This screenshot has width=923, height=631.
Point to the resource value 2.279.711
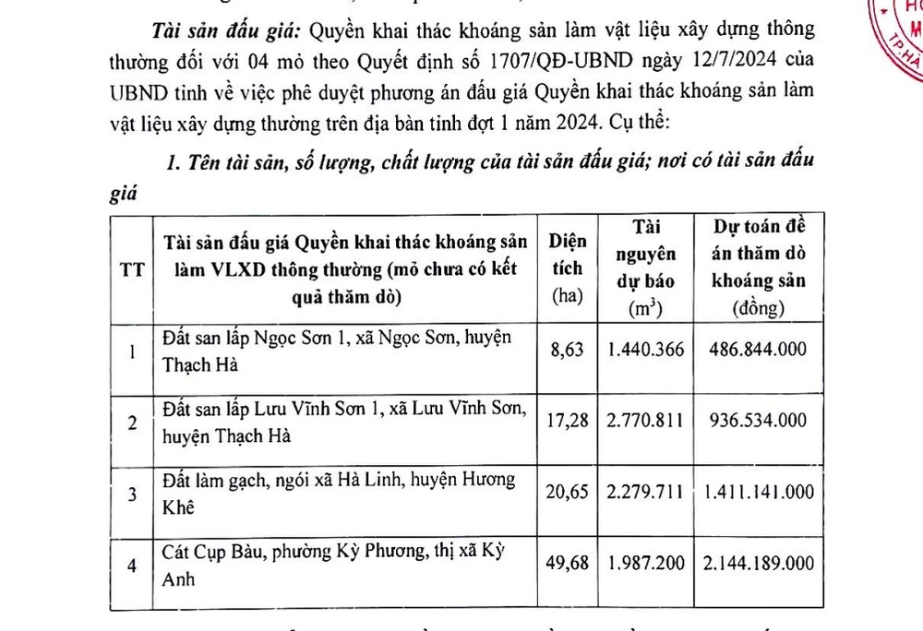[x=645, y=492]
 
